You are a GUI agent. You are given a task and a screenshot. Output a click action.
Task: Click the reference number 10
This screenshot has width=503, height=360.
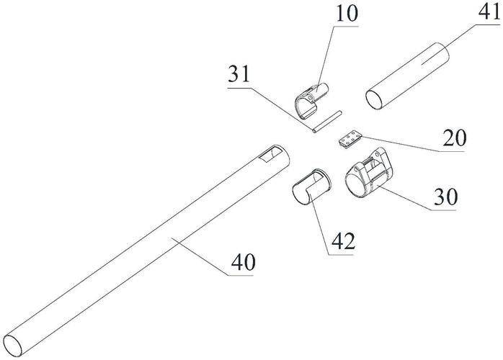click(x=346, y=14)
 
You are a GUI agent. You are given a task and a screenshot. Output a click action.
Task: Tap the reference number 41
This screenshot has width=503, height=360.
click(x=489, y=14)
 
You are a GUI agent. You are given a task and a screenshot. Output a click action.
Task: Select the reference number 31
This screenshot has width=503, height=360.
click(x=239, y=74)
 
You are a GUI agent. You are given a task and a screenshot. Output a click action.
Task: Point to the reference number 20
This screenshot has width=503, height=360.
click(x=454, y=138)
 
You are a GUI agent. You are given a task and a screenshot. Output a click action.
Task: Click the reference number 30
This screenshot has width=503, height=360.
click(x=445, y=196)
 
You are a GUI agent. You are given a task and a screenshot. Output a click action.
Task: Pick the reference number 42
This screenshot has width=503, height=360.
click(x=343, y=241)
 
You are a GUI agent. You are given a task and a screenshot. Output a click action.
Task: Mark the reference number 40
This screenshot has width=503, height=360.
click(x=244, y=262)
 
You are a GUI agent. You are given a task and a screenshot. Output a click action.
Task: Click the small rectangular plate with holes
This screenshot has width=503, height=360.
click(x=350, y=140)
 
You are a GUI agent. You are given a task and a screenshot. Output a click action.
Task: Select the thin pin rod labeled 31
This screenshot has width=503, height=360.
click(x=327, y=122)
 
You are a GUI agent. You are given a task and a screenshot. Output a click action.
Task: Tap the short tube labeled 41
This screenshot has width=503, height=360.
click(x=407, y=76)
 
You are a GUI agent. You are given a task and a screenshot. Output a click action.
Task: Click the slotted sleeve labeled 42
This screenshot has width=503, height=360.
click(x=311, y=186)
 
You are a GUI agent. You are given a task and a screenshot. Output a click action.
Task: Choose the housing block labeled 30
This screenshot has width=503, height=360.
click(x=370, y=173)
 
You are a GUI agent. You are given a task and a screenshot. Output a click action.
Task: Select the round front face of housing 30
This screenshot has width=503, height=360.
click(x=357, y=184)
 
